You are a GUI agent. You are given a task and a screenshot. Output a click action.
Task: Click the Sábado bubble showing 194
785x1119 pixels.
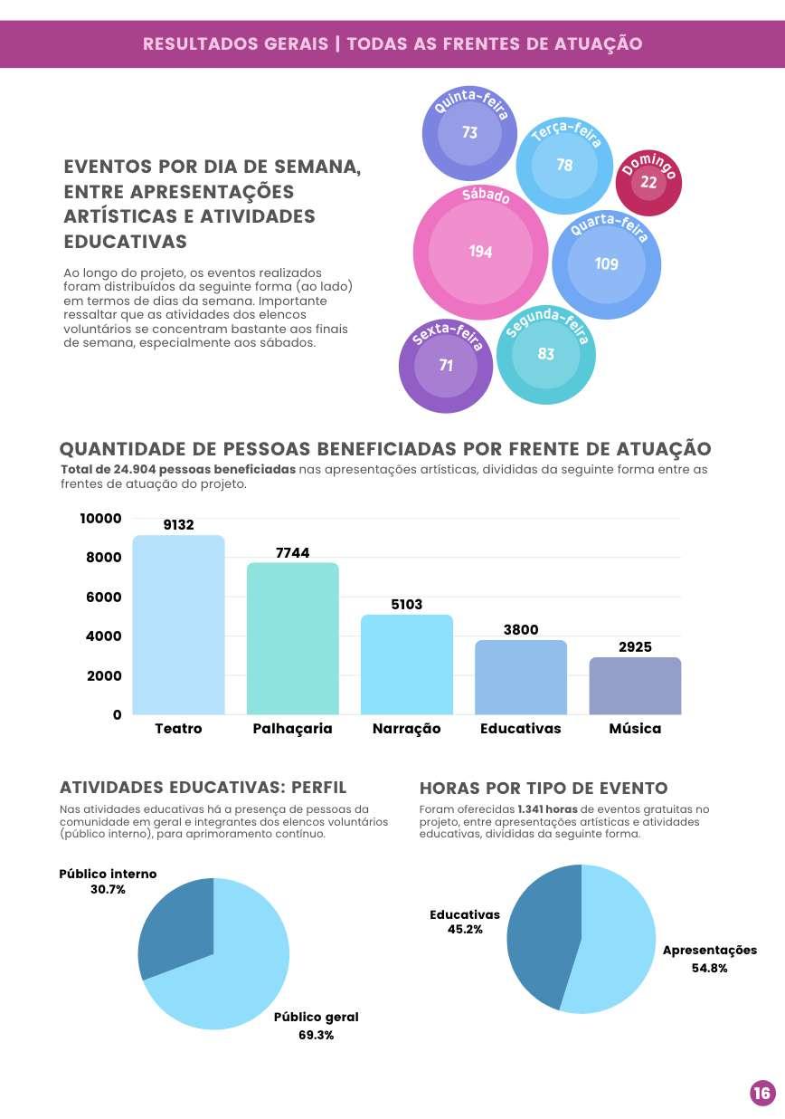click(x=480, y=252)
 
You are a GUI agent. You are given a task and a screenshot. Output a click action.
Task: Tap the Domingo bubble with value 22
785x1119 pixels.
click(x=648, y=182)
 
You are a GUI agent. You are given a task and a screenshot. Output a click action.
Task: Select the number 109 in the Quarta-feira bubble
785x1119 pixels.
click(x=606, y=263)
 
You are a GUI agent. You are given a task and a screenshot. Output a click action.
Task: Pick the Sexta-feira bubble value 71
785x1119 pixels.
click(x=446, y=366)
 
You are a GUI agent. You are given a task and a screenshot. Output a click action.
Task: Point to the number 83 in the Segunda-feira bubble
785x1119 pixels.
click(x=545, y=354)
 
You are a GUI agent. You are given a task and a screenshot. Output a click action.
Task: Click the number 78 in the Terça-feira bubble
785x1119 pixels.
click(x=564, y=165)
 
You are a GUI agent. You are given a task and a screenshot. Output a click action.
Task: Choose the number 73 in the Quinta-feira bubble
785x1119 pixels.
click(x=469, y=133)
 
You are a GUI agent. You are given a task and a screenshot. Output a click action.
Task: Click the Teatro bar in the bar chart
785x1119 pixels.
click(x=178, y=625)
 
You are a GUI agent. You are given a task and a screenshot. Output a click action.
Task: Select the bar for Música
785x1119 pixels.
click(x=635, y=685)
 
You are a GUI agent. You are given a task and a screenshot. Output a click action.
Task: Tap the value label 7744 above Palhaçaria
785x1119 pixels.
click(x=292, y=552)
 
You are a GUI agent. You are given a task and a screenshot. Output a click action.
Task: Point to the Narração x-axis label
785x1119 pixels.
click(x=406, y=729)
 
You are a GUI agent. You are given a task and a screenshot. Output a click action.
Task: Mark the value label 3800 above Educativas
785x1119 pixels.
click(x=521, y=630)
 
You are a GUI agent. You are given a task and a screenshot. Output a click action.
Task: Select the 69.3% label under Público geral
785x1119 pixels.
click(x=316, y=1035)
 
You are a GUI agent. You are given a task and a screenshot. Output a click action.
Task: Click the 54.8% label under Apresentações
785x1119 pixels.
click(x=709, y=968)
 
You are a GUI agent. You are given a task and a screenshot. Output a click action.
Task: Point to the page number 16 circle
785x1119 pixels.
click(x=762, y=1094)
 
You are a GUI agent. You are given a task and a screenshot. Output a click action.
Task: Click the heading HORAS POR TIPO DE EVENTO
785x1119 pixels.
click(x=544, y=788)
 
